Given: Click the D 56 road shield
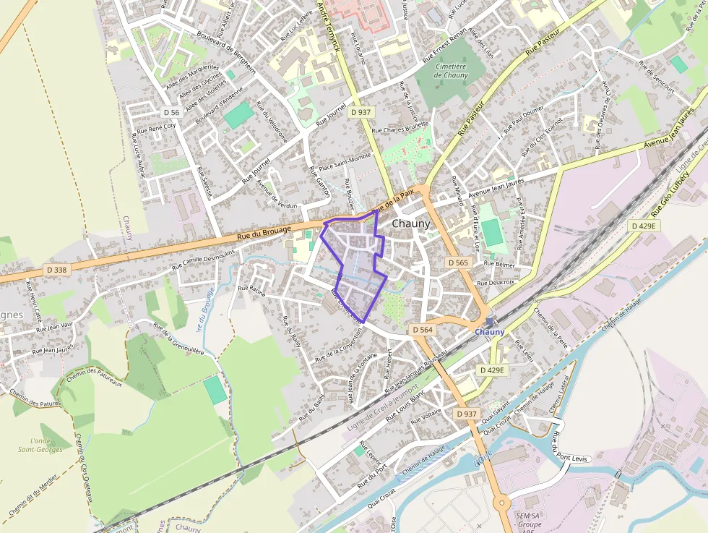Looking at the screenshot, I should pyautogui.click(x=171, y=112).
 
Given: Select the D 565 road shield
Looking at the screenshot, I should pyautogui.click(x=457, y=262).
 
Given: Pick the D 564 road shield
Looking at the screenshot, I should pyautogui.click(x=423, y=330).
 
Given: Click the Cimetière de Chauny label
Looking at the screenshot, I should pyautogui.click(x=452, y=70).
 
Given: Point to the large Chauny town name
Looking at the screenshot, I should pyautogui.click(x=410, y=224).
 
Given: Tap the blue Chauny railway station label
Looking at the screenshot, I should pyautogui.click(x=490, y=331).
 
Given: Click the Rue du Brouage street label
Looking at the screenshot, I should pyautogui.click(x=264, y=232).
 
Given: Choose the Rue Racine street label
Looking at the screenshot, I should pyautogui.click(x=252, y=291).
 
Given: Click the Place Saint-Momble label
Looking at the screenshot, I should pyautogui.click(x=345, y=162).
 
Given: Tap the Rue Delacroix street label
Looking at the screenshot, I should pyautogui.click(x=496, y=282).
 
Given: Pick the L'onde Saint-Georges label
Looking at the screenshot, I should pyautogui.click(x=40, y=445).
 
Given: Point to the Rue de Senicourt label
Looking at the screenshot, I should pyautogui.click(x=656, y=79).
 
